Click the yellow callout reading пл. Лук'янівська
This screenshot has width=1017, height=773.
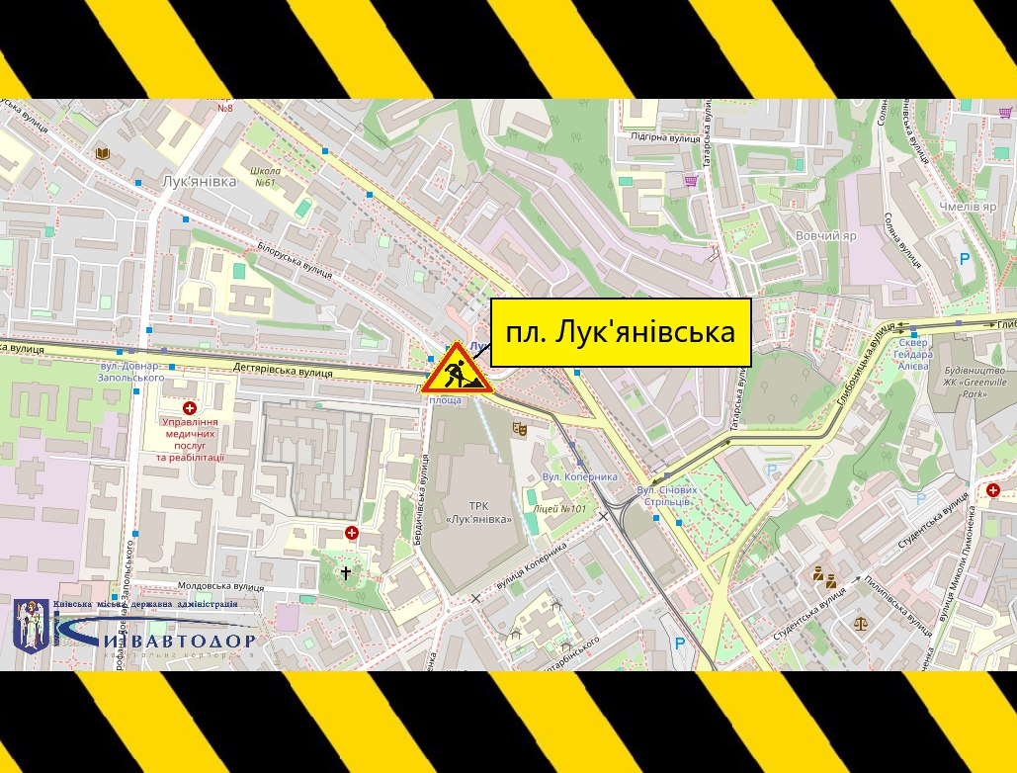coord(621,332)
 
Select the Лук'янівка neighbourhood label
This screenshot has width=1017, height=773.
coord(198,182)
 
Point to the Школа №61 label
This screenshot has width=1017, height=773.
coord(265,176)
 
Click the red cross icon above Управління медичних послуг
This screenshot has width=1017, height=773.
coord(190,407)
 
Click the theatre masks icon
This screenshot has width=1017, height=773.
coord(517,428)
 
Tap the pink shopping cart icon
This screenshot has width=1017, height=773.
coord(690,180)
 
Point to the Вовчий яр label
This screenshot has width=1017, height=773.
coord(825,236)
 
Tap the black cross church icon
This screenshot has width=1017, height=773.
coord(346,571)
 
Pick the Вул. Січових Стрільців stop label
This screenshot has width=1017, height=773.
coord(667,495)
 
